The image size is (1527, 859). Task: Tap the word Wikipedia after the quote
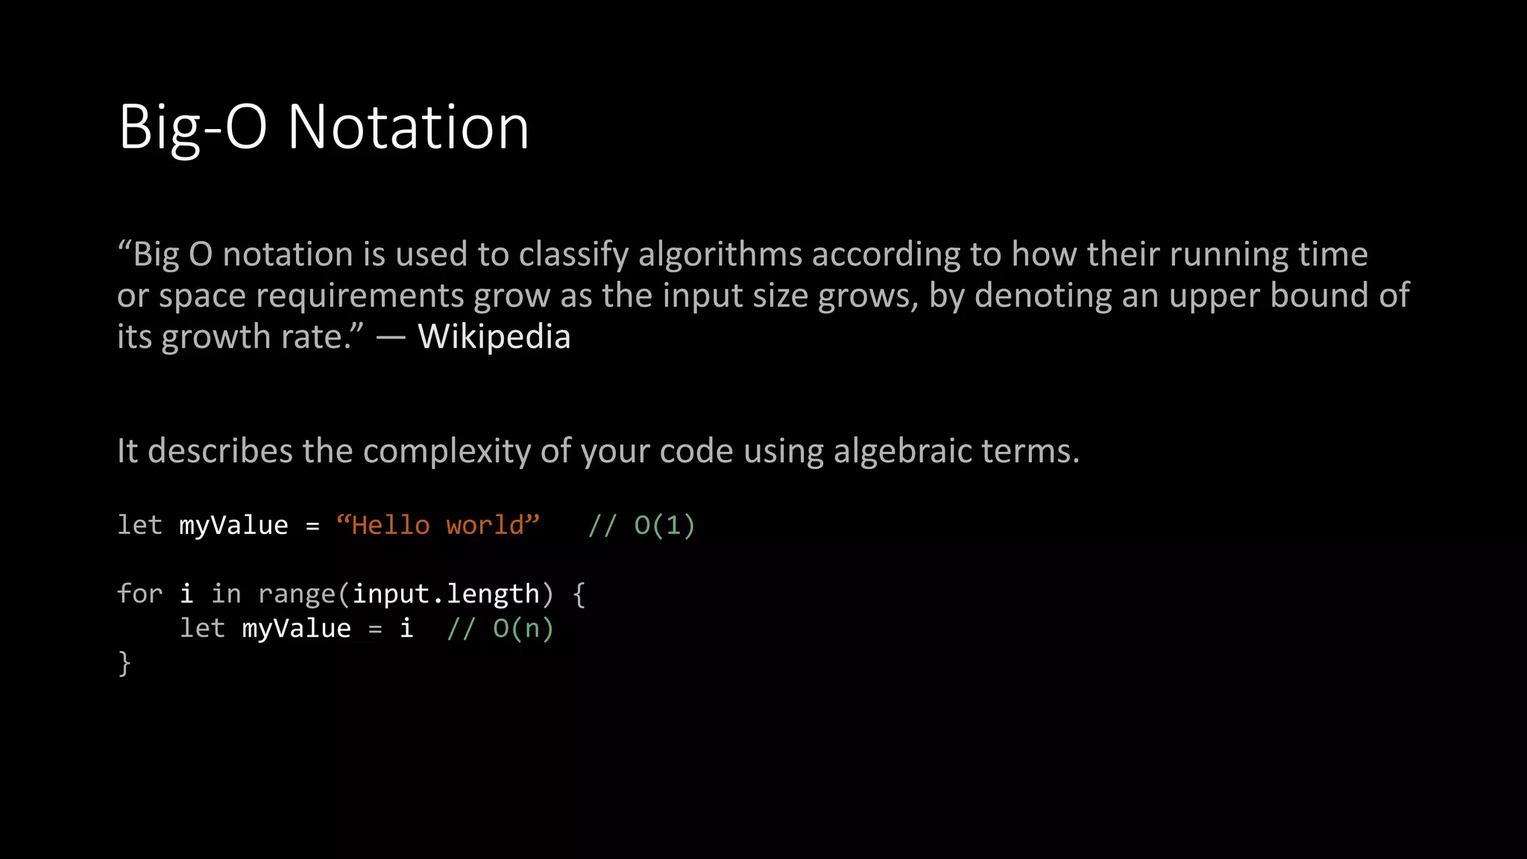pyautogui.click(x=494, y=336)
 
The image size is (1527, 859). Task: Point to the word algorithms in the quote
pyautogui.click(x=720, y=255)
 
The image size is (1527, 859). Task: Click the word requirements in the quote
pyautogui.click(x=360, y=296)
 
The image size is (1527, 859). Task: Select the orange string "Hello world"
pyautogui.click(x=438, y=525)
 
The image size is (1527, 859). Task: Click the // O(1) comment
pyautogui.click(x=641, y=525)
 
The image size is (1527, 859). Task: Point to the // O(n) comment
pyautogui.click(x=500, y=628)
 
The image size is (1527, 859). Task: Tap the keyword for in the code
pyautogui.click(x=139, y=594)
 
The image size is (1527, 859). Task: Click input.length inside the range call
pyautogui.click(x=446, y=594)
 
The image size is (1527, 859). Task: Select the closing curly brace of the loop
pyautogui.click(x=125, y=663)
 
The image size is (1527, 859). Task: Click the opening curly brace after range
pyautogui.click(x=579, y=594)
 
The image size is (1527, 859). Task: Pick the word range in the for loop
pyautogui.click(x=296, y=594)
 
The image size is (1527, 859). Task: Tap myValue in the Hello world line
pyautogui.click(x=233, y=525)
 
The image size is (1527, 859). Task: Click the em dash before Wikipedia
pyautogui.click(x=391, y=337)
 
